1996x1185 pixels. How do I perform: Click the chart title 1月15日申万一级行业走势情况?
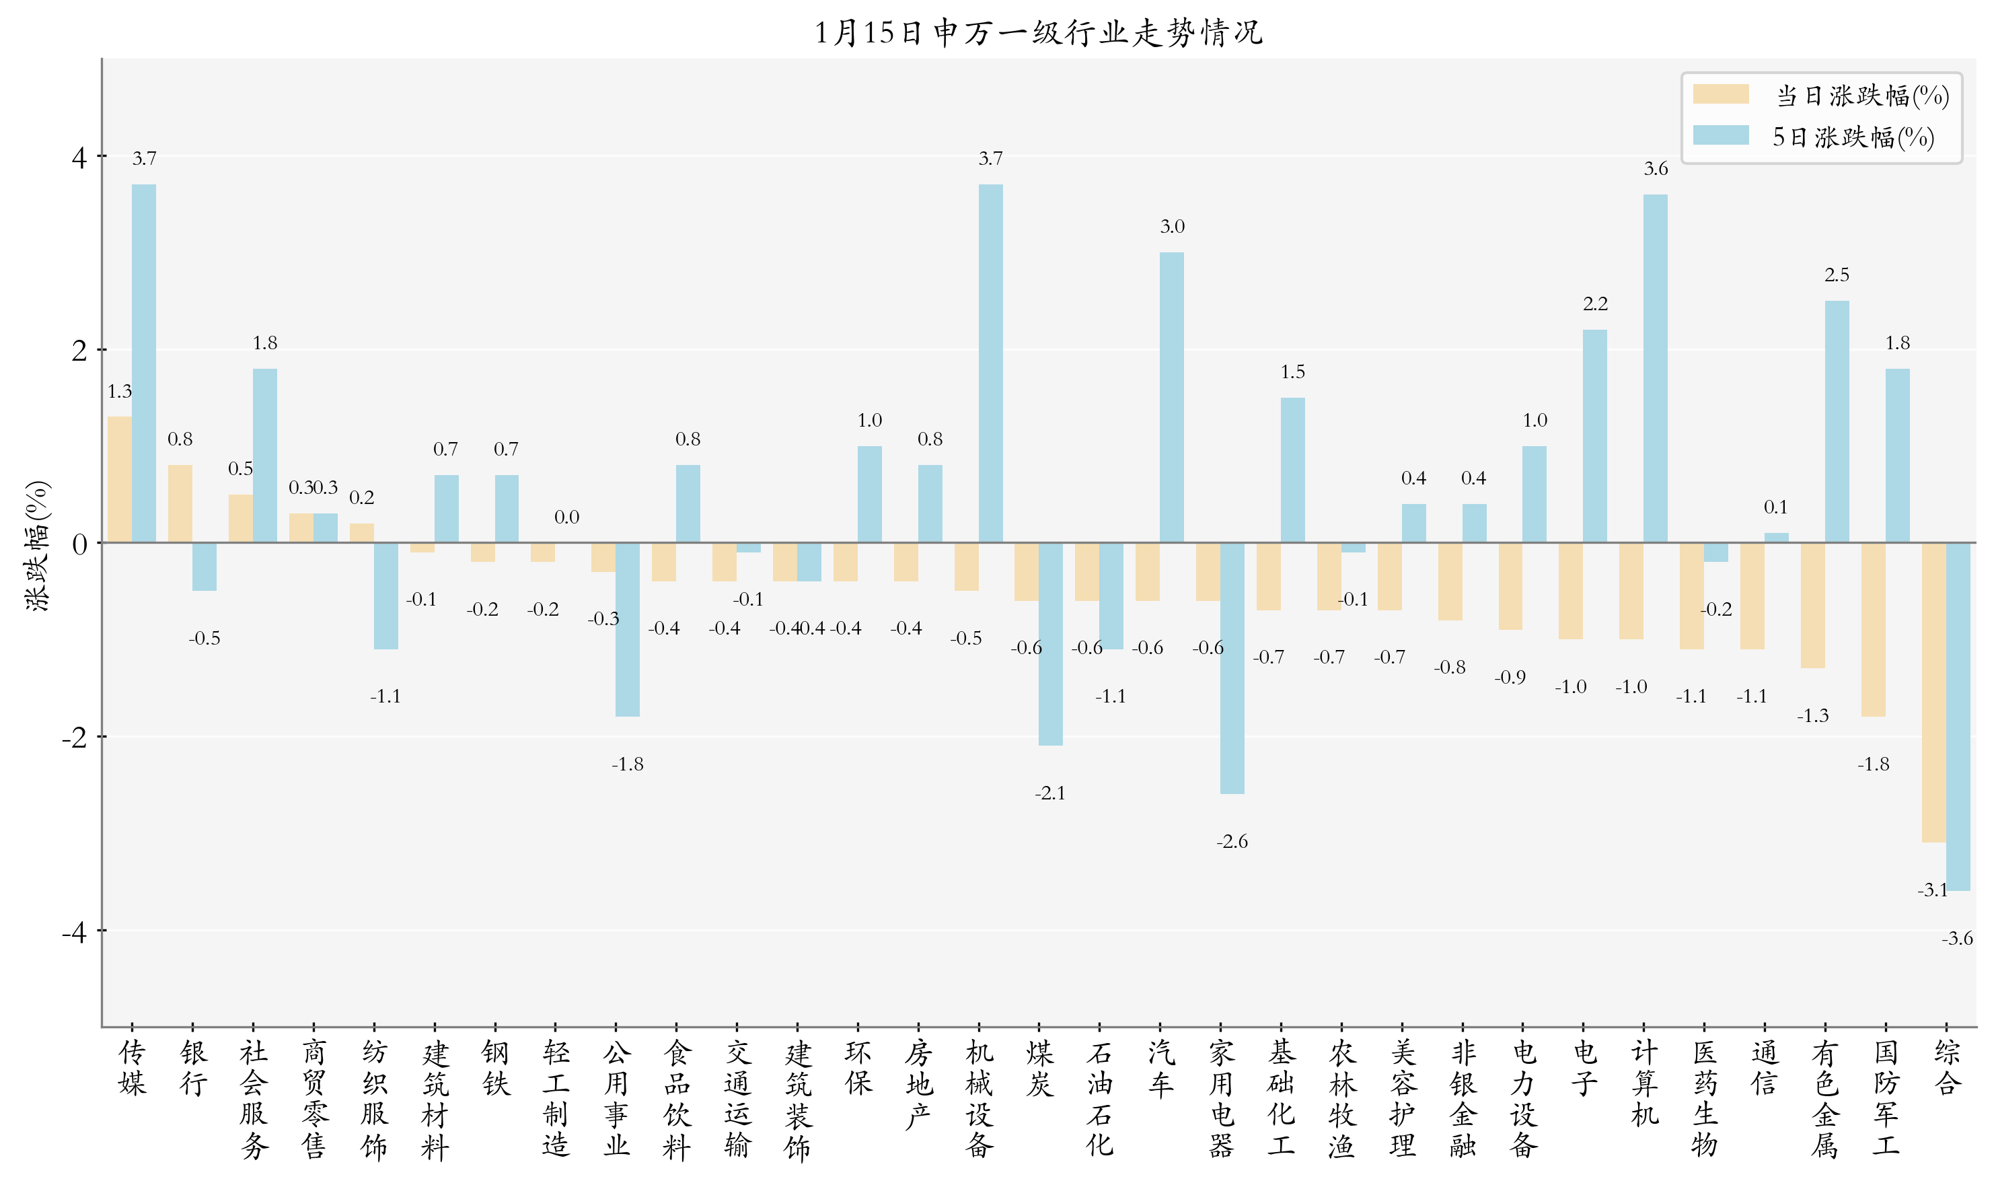tap(1037, 33)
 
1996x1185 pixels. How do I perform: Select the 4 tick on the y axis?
tap(78, 157)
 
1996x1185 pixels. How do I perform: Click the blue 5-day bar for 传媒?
tap(144, 363)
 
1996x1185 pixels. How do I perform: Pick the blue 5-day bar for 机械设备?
tap(990, 363)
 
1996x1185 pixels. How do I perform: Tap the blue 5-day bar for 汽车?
tap(1172, 397)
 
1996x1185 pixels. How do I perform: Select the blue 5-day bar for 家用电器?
tap(1232, 668)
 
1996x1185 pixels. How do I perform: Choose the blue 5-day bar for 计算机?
tap(1655, 368)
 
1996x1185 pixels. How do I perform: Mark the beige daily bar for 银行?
tap(180, 504)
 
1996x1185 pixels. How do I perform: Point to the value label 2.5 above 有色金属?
tap(1837, 275)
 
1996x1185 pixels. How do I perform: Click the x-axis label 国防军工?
tap(1886, 1099)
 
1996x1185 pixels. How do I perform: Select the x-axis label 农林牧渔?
tap(1341, 1099)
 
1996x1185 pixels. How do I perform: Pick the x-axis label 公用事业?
tap(616, 1099)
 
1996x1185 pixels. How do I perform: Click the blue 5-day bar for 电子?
tap(1594, 436)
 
